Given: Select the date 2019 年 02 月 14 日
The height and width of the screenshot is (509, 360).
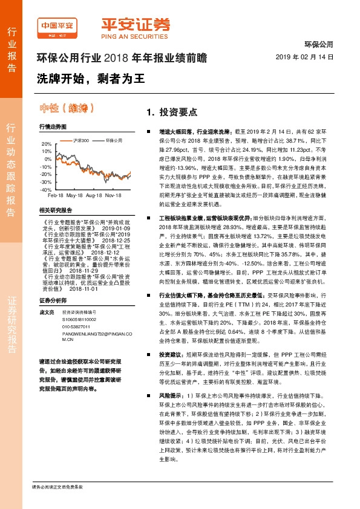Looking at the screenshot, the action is tap(309, 56).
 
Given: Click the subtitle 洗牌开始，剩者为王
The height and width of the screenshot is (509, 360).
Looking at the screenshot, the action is tap(85, 79).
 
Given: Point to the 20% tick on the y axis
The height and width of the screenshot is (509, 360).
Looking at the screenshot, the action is tap(46, 144).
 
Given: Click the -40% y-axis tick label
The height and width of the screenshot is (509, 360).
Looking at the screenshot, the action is tap(45, 189).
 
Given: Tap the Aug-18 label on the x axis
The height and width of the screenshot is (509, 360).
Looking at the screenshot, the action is tap(94, 196).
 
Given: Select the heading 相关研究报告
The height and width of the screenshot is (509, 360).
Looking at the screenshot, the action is tap(55, 209).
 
